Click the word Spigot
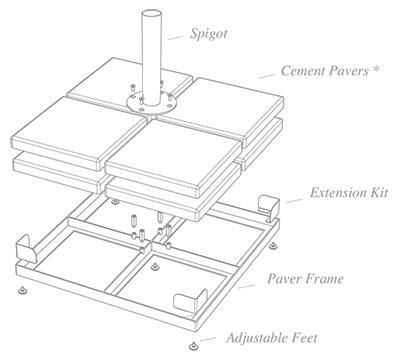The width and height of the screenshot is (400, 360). tap(209, 34)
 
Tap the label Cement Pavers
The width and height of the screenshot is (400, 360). tap(325, 71)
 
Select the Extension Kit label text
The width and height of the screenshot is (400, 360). tap(349, 193)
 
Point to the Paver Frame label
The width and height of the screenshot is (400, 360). tap(305, 279)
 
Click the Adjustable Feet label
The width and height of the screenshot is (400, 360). tap(272, 338)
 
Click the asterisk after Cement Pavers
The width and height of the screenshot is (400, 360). tap(376, 69)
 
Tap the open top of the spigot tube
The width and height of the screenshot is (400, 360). tap(151, 14)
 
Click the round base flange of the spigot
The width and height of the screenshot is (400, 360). tap(151, 104)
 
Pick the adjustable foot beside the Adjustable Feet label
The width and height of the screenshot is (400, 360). tap(193, 346)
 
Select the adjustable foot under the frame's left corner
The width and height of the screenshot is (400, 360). tap(23, 291)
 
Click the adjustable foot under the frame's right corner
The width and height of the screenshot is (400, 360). tap(274, 246)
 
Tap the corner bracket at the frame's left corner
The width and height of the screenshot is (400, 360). tap(27, 249)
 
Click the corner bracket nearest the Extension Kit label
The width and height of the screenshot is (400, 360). tap(268, 204)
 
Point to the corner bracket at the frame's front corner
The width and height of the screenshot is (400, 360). tap(191, 301)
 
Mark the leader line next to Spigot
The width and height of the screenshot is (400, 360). tap(175, 38)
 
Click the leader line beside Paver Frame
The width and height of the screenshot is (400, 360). tap(247, 286)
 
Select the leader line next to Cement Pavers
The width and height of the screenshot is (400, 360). tap(266, 76)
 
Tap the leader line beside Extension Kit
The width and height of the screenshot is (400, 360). tap(295, 201)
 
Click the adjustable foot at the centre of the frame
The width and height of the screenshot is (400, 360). tap(154, 267)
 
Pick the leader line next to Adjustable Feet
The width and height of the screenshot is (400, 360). tap(207, 339)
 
